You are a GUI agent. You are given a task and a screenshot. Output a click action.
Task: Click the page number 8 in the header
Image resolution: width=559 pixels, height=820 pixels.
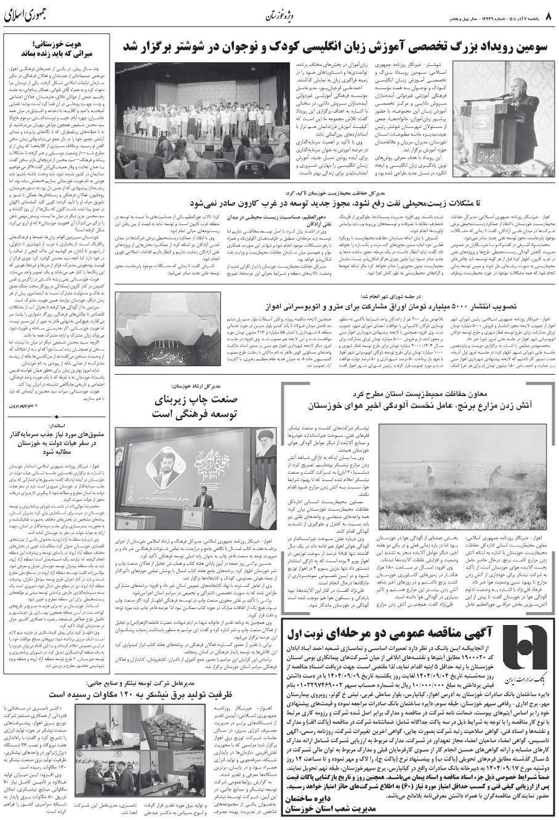coord(551,15)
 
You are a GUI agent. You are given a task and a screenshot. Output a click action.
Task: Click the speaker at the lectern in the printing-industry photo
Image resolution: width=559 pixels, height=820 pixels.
coord(203,504)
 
